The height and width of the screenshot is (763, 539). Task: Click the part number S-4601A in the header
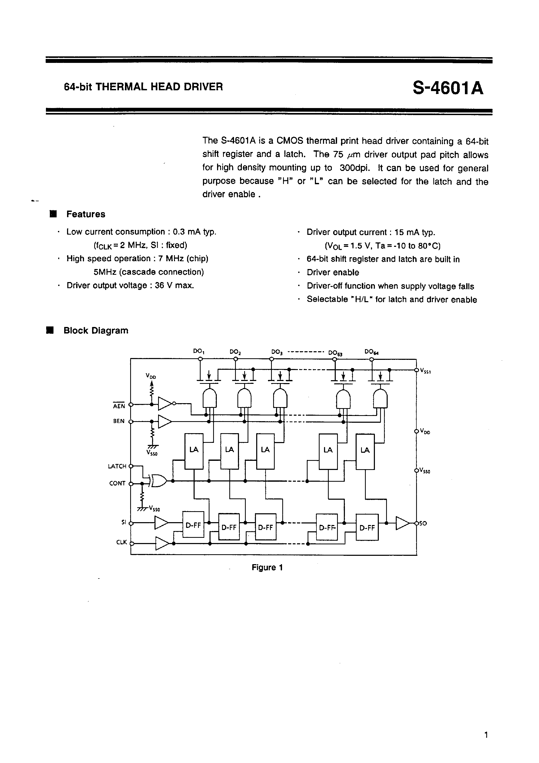click(x=448, y=88)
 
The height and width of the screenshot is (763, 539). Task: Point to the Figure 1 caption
click(x=267, y=567)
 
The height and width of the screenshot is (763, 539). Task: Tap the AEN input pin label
click(x=119, y=406)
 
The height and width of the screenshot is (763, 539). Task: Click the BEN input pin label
click(x=119, y=421)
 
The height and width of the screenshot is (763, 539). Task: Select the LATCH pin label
click(x=117, y=466)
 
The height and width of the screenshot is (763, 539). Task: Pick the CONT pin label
click(x=117, y=483)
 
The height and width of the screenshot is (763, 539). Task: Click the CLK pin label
click(x=121, y=542)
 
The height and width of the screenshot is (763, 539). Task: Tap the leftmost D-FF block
click(x=193, y=524)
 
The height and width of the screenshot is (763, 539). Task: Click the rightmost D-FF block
click(x=367, y=527)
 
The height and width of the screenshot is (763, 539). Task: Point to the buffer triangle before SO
click(x=402, y=523)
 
